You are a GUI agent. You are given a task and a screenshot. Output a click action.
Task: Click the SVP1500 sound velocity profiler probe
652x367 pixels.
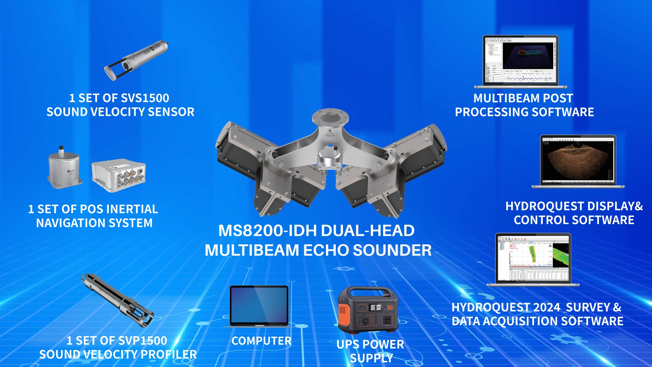pos(117,300)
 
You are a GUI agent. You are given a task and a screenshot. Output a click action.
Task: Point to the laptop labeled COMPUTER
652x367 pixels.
pos(259,306)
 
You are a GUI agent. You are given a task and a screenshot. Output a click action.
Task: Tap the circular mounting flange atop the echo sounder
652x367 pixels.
pos(330,117)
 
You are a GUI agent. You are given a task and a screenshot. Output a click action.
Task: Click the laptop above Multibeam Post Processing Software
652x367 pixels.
pos(521,62)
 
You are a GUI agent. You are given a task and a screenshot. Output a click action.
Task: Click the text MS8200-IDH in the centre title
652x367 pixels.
pos(267,231)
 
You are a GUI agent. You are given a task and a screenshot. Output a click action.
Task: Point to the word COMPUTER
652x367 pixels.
pos(261,341)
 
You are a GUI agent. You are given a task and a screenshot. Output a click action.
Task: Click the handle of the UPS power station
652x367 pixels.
pos(368,291)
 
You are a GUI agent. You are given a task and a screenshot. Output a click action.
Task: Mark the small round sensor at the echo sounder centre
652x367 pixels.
pos(330,158)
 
